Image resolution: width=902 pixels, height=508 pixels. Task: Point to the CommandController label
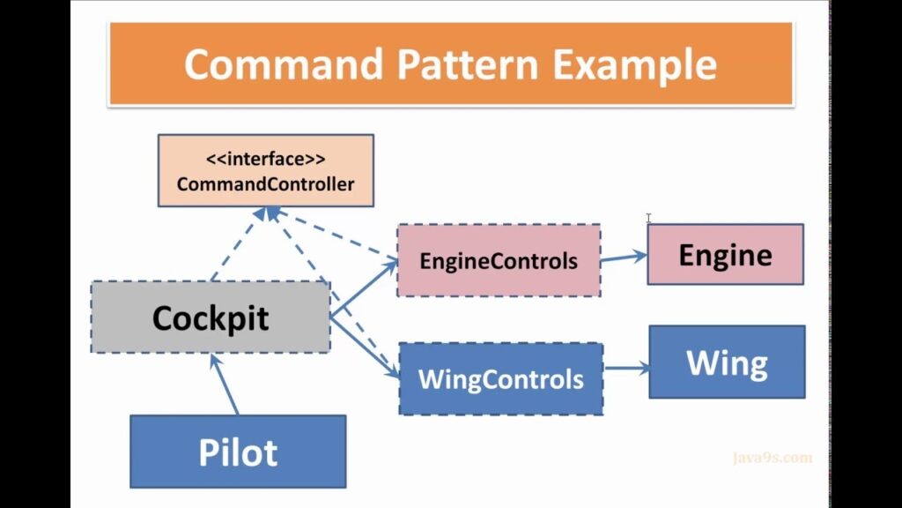[265, 183]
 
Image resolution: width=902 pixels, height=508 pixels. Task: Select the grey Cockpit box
[211, 317]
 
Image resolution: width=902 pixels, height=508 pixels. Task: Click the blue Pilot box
[238, 452]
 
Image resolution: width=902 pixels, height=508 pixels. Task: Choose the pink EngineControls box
[499, 260]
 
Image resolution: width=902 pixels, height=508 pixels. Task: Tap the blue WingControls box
[500, 379]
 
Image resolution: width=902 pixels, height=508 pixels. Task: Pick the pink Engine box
[725, 254]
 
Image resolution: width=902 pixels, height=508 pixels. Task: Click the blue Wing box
[727, 362]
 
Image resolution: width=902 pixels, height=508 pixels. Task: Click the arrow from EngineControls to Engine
[623, 257]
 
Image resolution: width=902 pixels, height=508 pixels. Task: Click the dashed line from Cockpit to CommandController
[236, 247]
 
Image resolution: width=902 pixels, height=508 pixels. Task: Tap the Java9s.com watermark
[772, 458]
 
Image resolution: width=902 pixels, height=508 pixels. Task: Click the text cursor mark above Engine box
[648, 218]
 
